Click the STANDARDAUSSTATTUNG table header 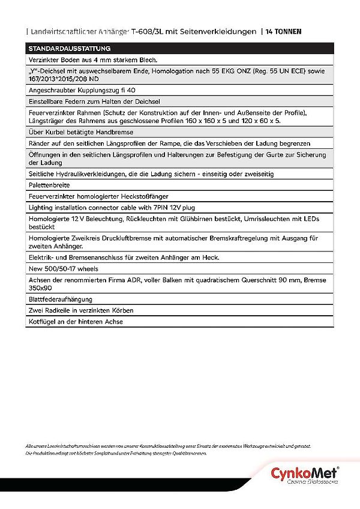pos(66,48)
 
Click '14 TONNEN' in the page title pos(285,31)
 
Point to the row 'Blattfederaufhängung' pos(60,299)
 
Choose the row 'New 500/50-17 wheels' pos(64,268)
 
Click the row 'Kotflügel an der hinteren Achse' pos(76,322)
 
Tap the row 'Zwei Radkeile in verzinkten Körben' pos(81,310)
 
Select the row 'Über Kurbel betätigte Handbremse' pos(81,131)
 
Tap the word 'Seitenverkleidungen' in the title pos(222,31)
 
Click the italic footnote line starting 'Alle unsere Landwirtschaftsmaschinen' pos(168,447)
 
